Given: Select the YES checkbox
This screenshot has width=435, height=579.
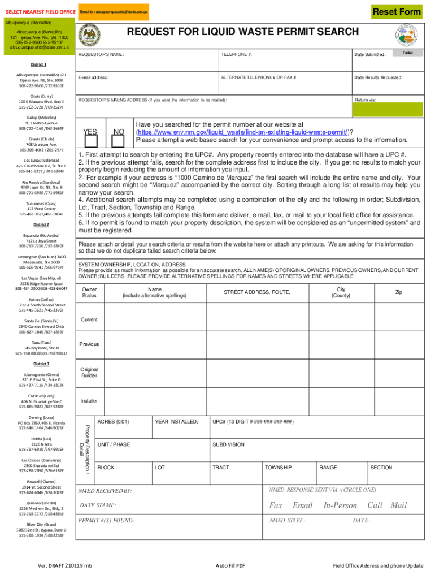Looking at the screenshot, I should click(x=90, y=132).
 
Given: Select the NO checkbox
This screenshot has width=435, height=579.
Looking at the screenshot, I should click(x=119, y=132).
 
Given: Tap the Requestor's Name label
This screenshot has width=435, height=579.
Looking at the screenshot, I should click(x=101, y=55).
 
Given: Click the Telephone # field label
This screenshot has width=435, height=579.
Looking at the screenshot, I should click(x=236, y=55).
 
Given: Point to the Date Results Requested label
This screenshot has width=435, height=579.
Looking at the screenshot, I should click(x=378, y=77).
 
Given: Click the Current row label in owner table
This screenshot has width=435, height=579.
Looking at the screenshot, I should click(x=89, y=319).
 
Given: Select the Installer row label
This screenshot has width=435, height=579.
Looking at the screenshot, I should click(x=89, y=401).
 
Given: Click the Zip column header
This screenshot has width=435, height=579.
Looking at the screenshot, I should click(x=399, y=292).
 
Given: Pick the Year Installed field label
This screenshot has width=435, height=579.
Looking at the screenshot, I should click(x=176, y=421).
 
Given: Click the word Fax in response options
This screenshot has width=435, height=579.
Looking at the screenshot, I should click(x=276, y=505).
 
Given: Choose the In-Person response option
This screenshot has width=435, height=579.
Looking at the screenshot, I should click(x=340, y=505).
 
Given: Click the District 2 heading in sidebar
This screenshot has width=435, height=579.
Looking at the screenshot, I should click(x=41, y=224).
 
